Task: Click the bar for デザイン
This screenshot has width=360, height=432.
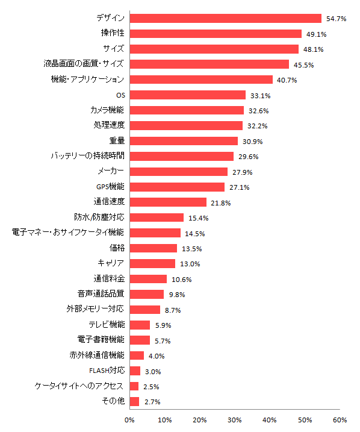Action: pos(226,19)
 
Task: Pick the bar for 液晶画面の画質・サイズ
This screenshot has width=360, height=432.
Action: pos(209,64)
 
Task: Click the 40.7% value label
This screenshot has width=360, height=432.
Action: pos(285,80)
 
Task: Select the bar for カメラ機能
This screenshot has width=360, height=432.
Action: pos(187,110)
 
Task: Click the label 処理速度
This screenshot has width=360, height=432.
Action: pos(109,125)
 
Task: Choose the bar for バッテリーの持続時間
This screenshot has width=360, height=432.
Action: pos(182,156)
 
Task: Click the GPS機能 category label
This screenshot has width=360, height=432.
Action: pos(110,186)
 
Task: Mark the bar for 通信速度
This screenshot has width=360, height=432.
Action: pos(168,202)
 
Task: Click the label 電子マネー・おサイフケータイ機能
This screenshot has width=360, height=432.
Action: pos(69,232)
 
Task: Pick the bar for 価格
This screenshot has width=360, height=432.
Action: pos(154,248)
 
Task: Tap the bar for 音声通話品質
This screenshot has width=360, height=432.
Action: pos(147,294)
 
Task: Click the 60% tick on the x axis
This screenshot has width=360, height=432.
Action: pos(340,420)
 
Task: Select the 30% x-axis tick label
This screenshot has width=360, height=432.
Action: pos(235,420)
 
